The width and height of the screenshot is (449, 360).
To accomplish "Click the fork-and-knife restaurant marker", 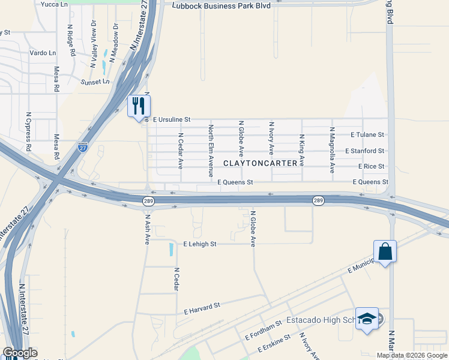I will click(x=139, y=106).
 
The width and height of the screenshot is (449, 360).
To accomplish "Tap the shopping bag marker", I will click(x=385, y=251).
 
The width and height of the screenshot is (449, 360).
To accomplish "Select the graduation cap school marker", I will click(x=367, y=319).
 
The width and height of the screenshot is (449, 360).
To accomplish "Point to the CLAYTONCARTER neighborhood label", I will click(x=261, y=163).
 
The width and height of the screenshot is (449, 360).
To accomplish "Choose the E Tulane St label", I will click(x=367, y=135).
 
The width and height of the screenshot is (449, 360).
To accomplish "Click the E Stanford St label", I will click(x=364, y=151).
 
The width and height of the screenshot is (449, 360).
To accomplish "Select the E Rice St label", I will click(x=370, y=166).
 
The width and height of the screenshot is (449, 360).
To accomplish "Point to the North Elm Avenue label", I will click(x=211, y=151).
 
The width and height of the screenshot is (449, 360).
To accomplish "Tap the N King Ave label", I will click(x=302, y=151).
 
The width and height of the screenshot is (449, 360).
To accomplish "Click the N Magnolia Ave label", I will click(x=332, y=151).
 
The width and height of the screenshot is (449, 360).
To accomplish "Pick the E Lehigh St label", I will click(x=199, y=244).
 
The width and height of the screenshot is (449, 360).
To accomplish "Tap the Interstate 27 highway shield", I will click(x=83, y=146).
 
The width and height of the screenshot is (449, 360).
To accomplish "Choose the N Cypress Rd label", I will click(x=28, y=130).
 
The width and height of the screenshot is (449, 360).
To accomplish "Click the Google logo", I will click(x=20, y=353).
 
